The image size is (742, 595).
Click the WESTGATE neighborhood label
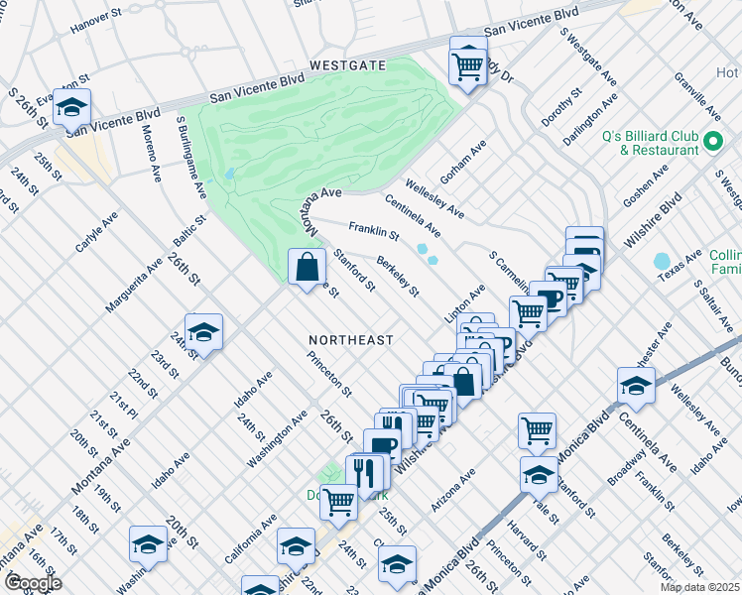(x=346, y=64)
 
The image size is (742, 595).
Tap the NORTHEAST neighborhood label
(x=350, y=340)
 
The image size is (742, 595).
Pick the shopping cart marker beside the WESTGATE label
(x=467, y=66)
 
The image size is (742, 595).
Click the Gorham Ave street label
(x=463, y=162)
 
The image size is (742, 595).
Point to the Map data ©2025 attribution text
(x=699, y=587)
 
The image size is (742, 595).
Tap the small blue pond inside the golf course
(x=230, y=173)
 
